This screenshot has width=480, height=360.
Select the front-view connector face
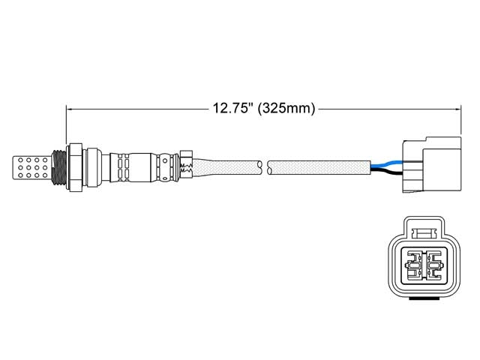pyautogui.click(x=425, y=259)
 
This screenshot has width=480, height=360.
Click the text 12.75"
pyautogui.click(x=229, y=109)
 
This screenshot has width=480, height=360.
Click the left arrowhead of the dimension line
pyautogui.click(x=71, y=109)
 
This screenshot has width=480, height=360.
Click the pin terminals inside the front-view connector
pyautogui.click(x=425, y=265)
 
